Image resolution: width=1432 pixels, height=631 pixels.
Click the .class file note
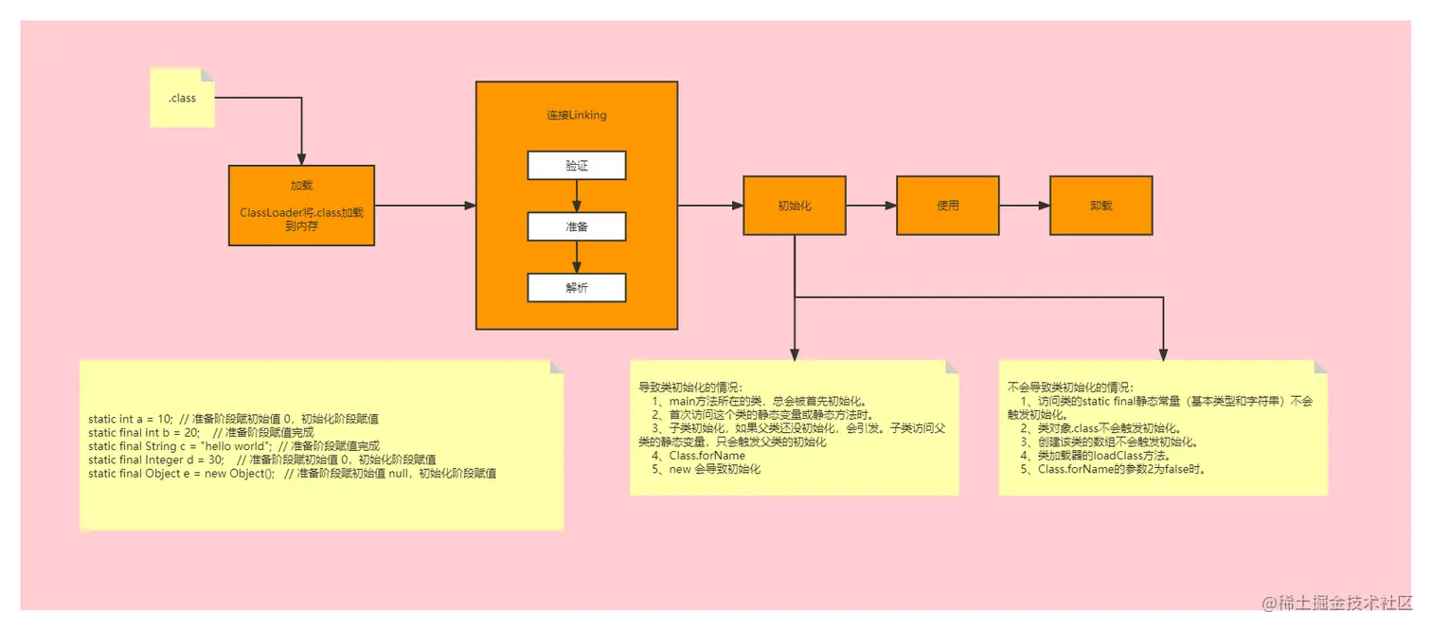183,98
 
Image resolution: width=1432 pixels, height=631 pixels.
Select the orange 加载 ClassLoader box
301,206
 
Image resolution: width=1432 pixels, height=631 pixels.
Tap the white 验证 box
577,166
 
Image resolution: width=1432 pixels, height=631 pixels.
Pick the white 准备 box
577,226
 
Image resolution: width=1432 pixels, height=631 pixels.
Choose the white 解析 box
577,287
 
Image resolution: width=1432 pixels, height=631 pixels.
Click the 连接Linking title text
576,116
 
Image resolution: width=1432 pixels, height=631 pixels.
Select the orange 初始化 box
794,206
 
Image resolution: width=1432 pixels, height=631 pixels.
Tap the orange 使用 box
947,206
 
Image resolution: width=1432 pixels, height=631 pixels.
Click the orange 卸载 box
1101,206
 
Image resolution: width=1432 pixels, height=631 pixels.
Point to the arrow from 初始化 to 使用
870,206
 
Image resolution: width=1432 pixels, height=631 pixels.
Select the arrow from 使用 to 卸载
1024,206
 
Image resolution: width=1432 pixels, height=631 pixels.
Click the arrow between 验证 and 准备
577,196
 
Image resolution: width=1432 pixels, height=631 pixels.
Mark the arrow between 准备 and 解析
577,257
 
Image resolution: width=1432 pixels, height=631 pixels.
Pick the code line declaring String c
234,446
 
